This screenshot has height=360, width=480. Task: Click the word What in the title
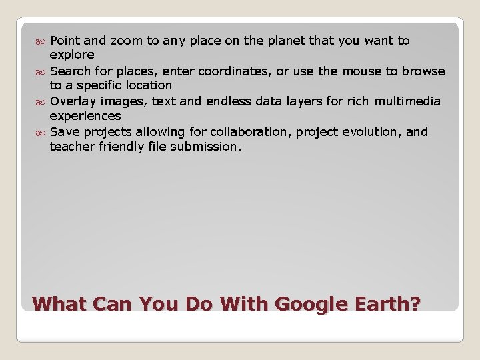61,305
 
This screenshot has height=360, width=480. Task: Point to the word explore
72,55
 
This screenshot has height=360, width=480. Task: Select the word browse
423,71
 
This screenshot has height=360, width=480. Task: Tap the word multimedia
407,101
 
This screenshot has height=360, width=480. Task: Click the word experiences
85,115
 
